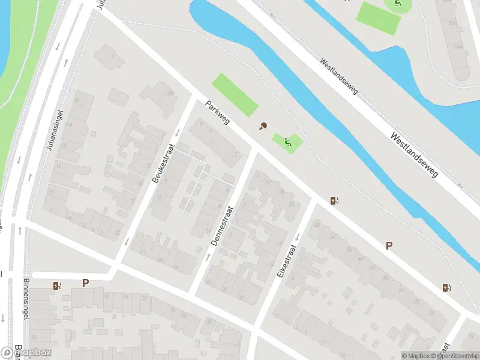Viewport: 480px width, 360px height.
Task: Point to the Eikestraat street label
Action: point(287,260)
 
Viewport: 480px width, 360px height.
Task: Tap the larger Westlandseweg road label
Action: point(414,155)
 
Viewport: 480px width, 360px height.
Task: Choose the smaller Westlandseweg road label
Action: point(339,76)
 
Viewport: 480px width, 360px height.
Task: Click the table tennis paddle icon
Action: point(262,126)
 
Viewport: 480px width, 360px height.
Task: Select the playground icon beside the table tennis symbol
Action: point(288,142)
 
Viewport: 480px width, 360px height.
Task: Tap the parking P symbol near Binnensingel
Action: point(85,283)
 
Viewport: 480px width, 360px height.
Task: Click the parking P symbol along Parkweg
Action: point(389,245)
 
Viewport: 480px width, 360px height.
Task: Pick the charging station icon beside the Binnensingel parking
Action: point(58,286)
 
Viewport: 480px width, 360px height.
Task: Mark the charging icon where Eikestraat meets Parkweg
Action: point(334,201)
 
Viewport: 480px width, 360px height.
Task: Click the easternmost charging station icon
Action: point(446,287)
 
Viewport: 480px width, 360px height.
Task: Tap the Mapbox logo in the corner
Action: point(25,353)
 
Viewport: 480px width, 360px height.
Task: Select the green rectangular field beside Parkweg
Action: point(235,95)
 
